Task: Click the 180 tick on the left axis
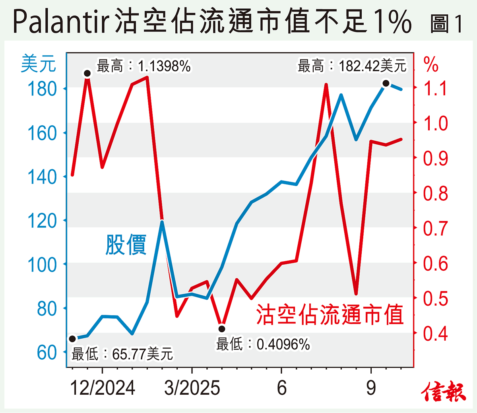[42, 89]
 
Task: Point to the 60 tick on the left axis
[47, 352]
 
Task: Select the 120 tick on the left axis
[42, 221]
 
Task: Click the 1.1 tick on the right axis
[435, 88]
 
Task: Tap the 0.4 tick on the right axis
[435, 333]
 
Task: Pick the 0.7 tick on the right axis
[435, 229]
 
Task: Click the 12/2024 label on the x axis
[102, 388]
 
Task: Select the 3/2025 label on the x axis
[192, 388]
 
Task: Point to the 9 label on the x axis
[371, 388]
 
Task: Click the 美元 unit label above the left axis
[38, 64]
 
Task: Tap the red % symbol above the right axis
[430, 64]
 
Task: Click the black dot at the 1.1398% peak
[87, 73]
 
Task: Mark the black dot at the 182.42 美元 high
[386, 83]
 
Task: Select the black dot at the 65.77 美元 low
[72, 339]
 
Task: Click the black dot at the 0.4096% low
[222, 329]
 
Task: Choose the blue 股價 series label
[126, 244]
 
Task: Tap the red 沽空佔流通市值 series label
[330, 315]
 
